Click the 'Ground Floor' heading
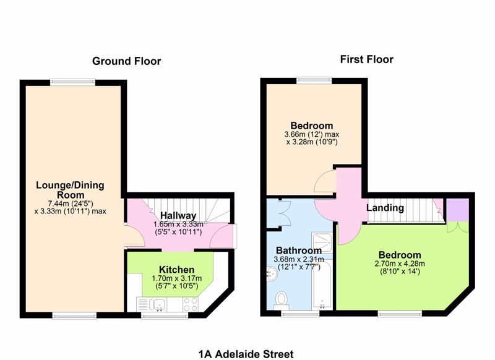pyautogui.click(x=126, y=61)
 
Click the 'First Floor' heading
pyautogui.click(x=366, y=59)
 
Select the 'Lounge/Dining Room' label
pyautogui.click(x=70, y=191)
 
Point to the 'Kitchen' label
pyautogui.click(x=177, y=270)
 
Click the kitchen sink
pyautogui.click(x=158, y=304)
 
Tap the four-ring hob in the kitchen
pyautogui.click(x=190, y=304)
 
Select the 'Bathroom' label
pyautogui.click(x=299, y=250)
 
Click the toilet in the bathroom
pyautogui.click(x=282, y=299)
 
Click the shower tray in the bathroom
pyautogui.click(x=323, y=244)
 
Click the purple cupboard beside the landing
pyautogui.click(x=458, y=208)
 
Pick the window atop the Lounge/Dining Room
pyautogui.click(x=72, y=80)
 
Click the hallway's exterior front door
pyautogui.click(x=235, y=235)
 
